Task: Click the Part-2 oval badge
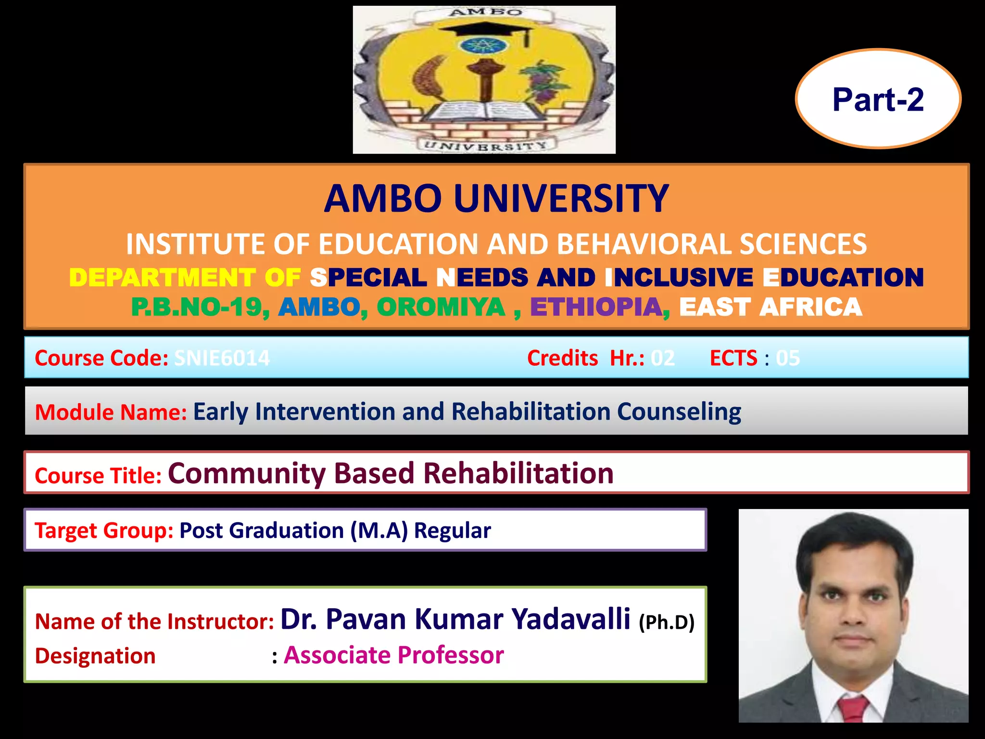click(x=878, y=99)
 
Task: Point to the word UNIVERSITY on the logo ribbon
click(x=485, y=145)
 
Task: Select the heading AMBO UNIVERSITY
click(x=496, y=199)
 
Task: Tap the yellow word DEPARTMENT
click(x=162, y=278)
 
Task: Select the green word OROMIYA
click(x=441, y=307)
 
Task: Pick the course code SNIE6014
click(x=222, y=358)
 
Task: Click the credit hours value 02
click(x=663, y=358)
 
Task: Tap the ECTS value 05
click(x=788, y=358)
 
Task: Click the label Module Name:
click(x=111, y=412)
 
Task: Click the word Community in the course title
click(x=247, y=473)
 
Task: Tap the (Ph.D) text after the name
click(x=667, y=622)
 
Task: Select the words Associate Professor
click(x=393, y=655)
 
